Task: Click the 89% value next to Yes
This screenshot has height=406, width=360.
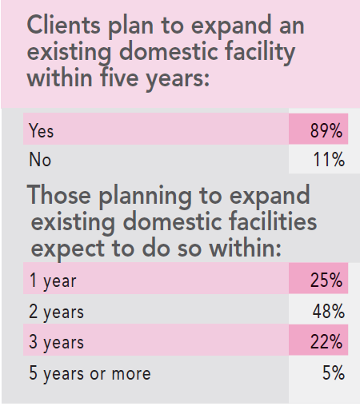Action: pyautogui.click(x=327, y=130)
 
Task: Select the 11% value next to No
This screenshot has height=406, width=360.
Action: pyautogui.click(x=328, y=160)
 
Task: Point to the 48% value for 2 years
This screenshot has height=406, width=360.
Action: pyautogui.click(x=327, y=311)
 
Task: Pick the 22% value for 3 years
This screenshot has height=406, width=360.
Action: pyautogui.click(x=327, y=342)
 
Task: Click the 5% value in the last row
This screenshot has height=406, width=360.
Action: pyautogui.click(x=333, y=373)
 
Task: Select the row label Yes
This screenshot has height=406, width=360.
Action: pyautogui.click(x=41, y=130)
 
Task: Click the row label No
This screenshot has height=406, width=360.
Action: pyautogui.click(x=39, y=160)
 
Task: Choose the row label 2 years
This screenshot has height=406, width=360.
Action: pyautogui.click(x=56, y=311)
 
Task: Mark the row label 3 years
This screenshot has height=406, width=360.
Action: pyautogui.click(x=56, y=342)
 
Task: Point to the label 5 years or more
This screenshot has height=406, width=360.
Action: pyautogui.click(x=89, y=373)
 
